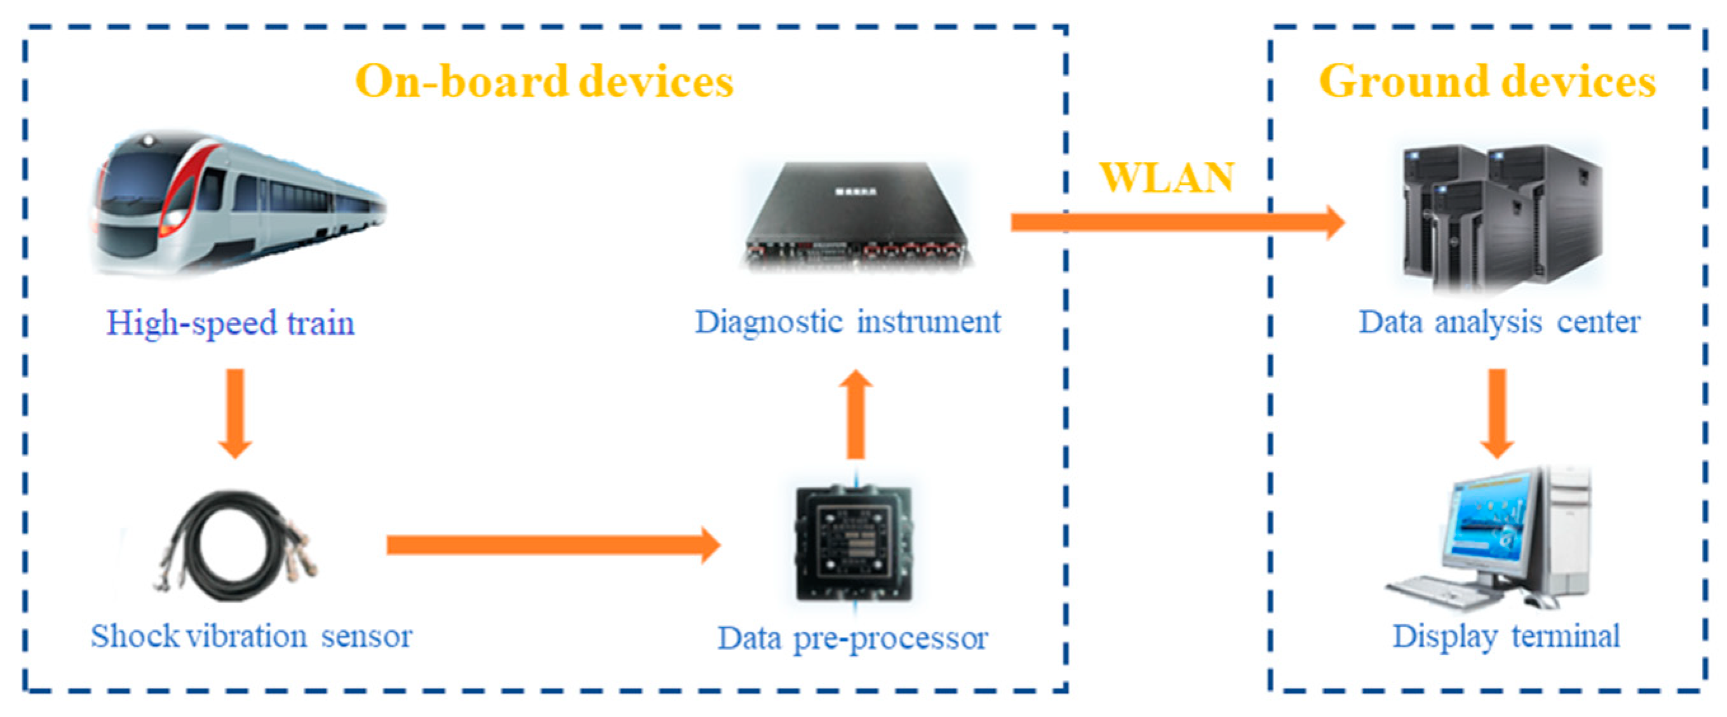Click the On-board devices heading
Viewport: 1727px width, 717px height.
(x=544, y=82)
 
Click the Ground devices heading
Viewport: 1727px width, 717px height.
(x=1486, y=82)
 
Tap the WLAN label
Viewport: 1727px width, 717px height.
(x=1167, y=178)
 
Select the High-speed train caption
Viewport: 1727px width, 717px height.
(x=231, y=323)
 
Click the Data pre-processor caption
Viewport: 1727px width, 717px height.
(x=853, y=638)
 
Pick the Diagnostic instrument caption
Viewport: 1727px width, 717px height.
(x=847, y=321)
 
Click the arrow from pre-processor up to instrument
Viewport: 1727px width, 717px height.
(x=856, y=415)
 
